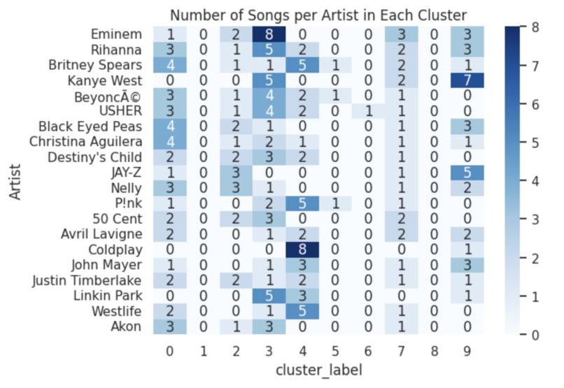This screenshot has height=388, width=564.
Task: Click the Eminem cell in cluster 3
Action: click(x=269, y=34)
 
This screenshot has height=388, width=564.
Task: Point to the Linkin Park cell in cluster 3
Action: click(x=269, y=296)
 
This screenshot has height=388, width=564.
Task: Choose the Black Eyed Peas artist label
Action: click(x=101, y=127)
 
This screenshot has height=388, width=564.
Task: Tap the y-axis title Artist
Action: click(x=15, y=180)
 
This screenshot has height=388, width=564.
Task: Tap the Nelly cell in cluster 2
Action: click(x=236, y=188)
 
